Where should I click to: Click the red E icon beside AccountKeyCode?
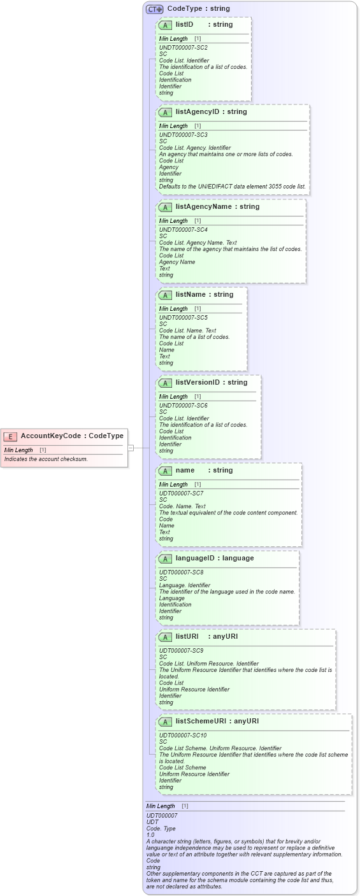[10, 436]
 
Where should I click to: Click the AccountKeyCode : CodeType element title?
[72, 436]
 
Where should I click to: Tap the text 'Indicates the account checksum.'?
[46, 459]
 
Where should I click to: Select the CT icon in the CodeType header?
[155, 9]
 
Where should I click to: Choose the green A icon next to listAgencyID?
[165, 112]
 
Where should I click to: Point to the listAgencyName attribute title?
[217, 207]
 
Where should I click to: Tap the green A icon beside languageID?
[165, 558]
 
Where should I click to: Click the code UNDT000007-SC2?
[183, 48]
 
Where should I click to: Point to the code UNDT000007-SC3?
[183, 135]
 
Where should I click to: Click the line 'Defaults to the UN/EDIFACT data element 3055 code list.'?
[232, 187]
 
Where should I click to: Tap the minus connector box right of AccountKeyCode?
[131, 448]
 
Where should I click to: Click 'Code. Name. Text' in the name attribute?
[182, 506]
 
